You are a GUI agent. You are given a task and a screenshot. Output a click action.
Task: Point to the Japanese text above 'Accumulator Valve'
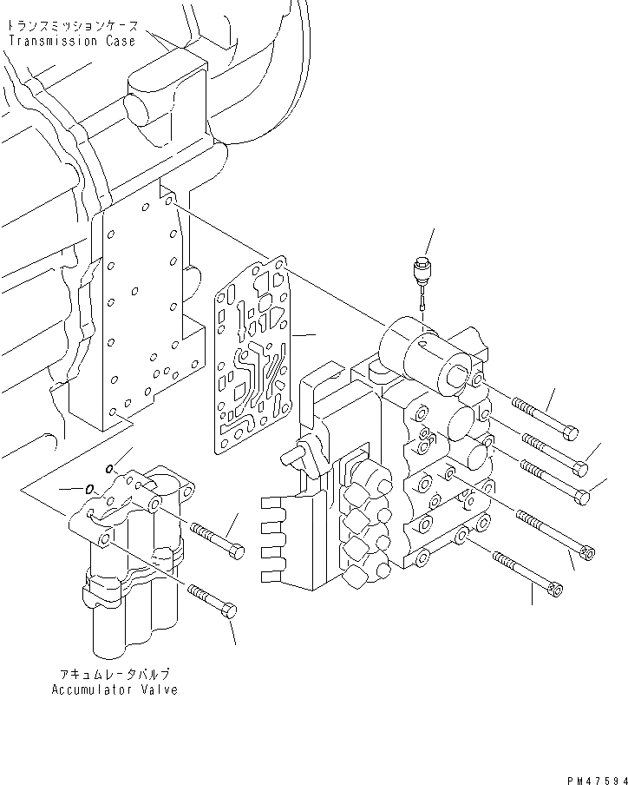coord(114,674)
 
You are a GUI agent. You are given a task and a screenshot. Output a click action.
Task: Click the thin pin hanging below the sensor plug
coord(422,299)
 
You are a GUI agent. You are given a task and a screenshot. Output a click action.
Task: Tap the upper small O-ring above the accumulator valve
coord(108,470)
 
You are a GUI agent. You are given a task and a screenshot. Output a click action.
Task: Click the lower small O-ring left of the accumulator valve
coord(89,488)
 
